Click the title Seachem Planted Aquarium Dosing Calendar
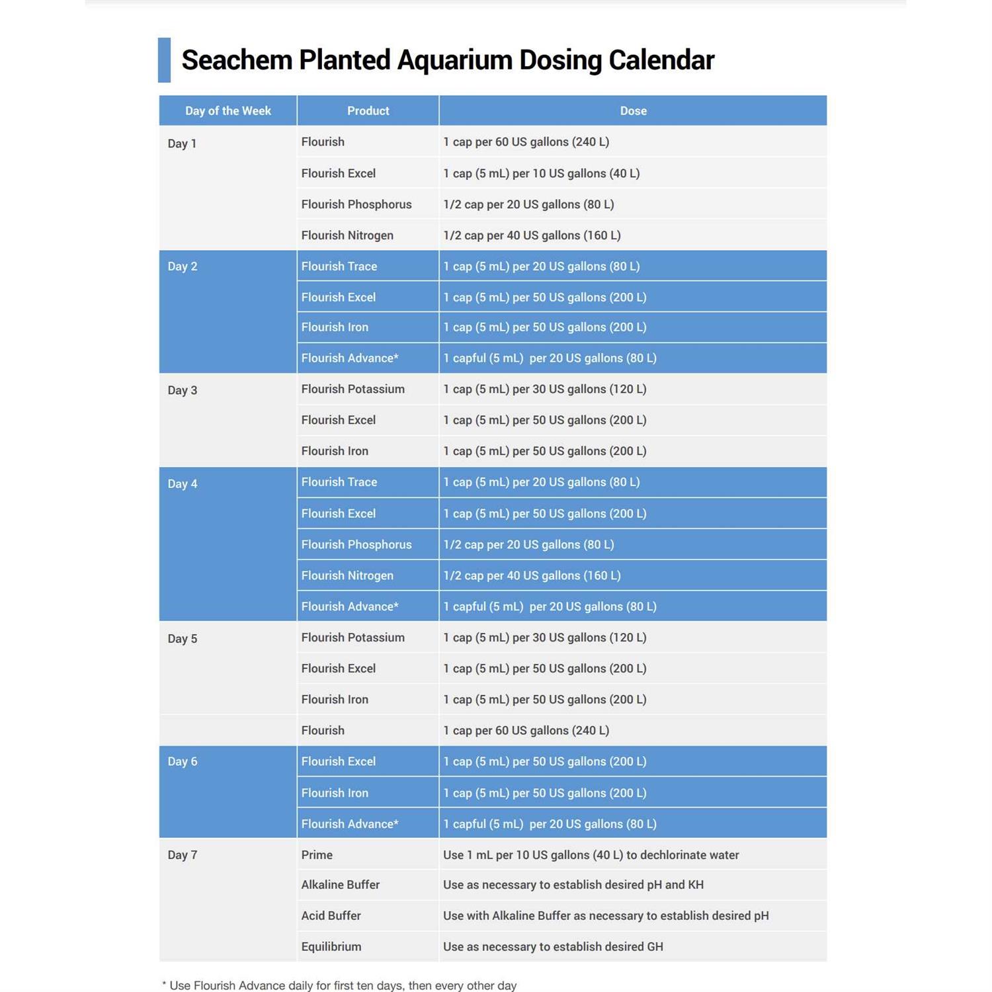(448, 60)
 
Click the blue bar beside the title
(164, 60)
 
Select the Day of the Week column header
(227, 110)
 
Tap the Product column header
(368, 110)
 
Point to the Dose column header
(633, 110)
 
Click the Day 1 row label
(182, 144)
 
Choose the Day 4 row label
(182, 484)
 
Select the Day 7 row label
(182, 855)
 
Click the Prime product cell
(317, 855)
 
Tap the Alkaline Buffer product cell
(340, 885)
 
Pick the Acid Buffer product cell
(331, 916)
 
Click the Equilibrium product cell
(331, 947)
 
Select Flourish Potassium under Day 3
(352, 389)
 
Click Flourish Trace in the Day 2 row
(339, 267)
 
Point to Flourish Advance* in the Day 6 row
(349, 824)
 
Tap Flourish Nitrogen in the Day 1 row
(347, 235)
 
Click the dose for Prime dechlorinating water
(591, 855)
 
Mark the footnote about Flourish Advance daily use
(339, 985)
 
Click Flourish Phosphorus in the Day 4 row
(356, 544)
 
